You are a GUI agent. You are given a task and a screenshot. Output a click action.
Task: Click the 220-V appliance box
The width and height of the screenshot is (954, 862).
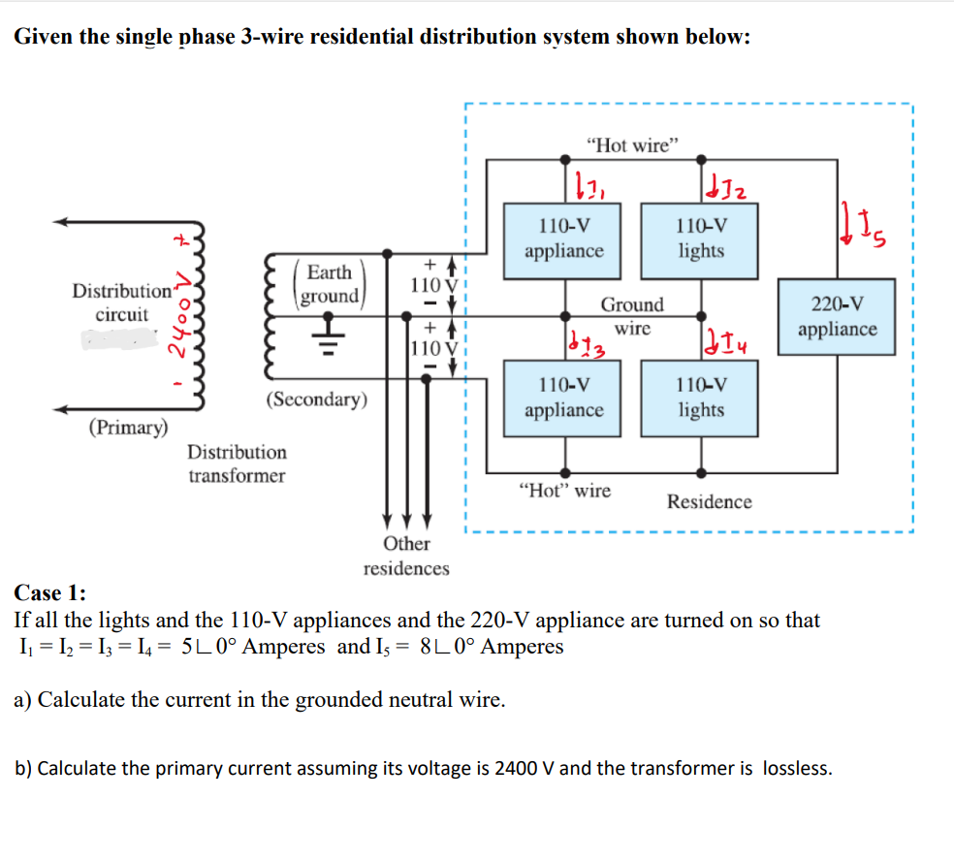coord(838,317)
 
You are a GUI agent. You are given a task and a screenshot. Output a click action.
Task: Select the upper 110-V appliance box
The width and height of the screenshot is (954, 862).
coord(563,239)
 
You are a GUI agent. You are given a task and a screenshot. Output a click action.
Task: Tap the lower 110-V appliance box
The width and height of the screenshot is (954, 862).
coord(563,398)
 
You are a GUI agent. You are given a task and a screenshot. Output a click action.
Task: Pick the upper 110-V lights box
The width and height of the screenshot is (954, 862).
coord(701,239)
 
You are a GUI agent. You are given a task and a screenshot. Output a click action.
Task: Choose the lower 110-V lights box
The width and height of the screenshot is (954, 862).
coord(701,398)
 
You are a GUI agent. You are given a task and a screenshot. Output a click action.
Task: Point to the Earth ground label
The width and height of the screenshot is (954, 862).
coord(330,284)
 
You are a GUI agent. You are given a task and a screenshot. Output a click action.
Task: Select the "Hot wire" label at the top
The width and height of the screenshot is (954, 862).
coord(633,145)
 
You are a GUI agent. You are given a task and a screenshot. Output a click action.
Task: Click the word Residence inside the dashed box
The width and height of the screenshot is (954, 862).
coord(709,501)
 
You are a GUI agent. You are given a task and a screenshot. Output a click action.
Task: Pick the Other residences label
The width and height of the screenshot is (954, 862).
coord(406,556)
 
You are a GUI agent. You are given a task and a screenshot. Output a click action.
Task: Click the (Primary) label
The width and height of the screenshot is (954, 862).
coord(128,428)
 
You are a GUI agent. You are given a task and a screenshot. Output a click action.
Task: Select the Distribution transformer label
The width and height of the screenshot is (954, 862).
coord(237,463)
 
